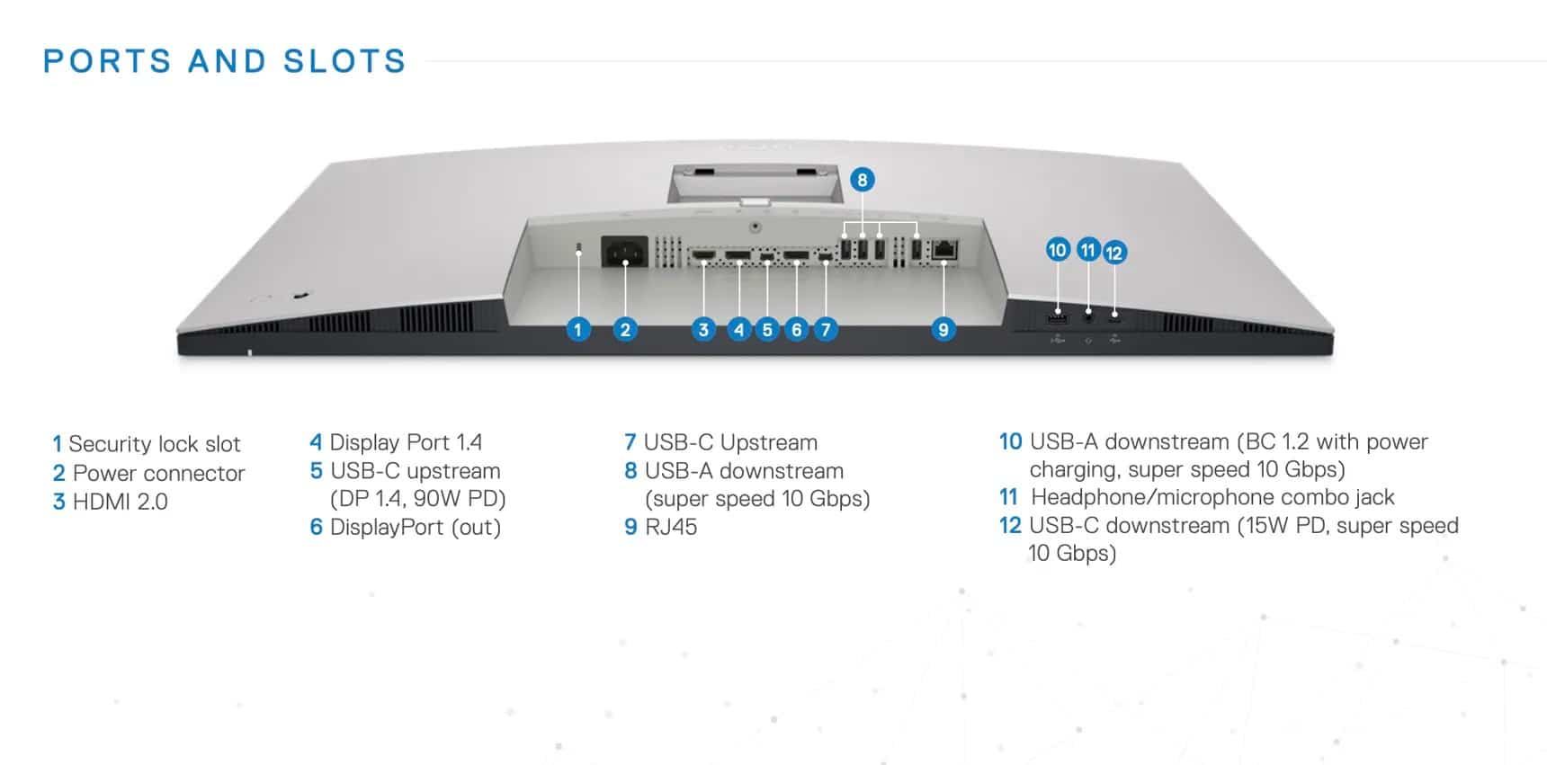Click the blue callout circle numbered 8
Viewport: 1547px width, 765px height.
pos(862,180)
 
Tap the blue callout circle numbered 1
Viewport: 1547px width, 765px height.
pos(578,329)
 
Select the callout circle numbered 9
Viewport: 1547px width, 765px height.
pos(943,329)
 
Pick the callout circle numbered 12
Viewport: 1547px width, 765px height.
pos(1114,253)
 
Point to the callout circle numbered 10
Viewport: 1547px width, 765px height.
pos(1058,250)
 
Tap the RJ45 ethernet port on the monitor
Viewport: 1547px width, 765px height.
pos(944,250)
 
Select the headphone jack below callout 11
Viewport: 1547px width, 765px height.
pos(1089,315)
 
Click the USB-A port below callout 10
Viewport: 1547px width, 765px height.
pos(1058,317)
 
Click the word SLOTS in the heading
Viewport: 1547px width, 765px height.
pos(344,61)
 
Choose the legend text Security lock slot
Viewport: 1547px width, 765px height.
pos(155,444)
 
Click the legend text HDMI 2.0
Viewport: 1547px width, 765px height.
pos(120,502)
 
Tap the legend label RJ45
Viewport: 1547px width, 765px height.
pos(671,527)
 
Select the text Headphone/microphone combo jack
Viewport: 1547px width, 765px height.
pos(1212,497)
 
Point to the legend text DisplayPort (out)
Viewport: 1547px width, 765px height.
pos(415,527)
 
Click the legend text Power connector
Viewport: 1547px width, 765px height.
pos(158,473)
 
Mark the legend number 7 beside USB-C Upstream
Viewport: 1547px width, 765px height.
pos(630,442)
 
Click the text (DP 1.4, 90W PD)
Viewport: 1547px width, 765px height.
pos(417,498)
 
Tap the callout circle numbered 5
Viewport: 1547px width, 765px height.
pos(766,329)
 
